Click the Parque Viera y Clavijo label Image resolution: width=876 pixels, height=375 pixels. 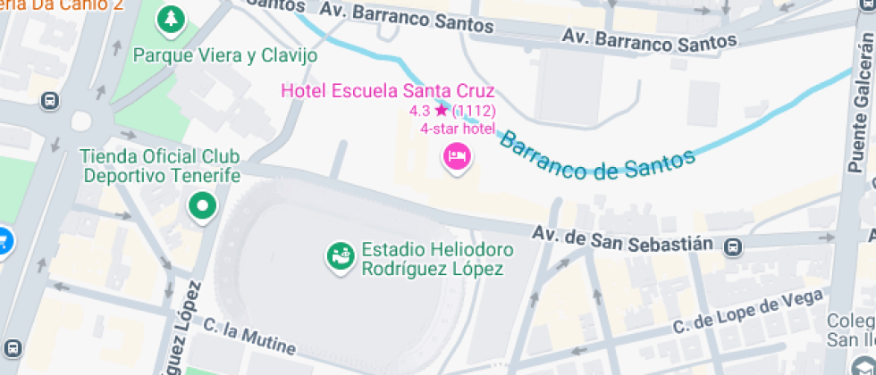pyautogui.click(x=224, y=55)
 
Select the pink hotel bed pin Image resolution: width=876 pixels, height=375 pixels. pyautogui.click(x=459, y=157)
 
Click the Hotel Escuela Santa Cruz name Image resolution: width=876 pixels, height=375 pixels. pyautogui.click(x=387, y=90)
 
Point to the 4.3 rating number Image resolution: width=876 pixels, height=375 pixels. pyautogui.click(x=420, y=111)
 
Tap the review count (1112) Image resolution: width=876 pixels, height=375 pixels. pyautogui.click(x=474, y=111)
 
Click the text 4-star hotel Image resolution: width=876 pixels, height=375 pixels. pyautogui.click(x=458, y=128)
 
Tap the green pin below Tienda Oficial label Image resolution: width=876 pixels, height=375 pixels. pyautogui.click(x=203, y=207)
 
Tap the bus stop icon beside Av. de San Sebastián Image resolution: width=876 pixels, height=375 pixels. pyautogui.click(x=733, y=246)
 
